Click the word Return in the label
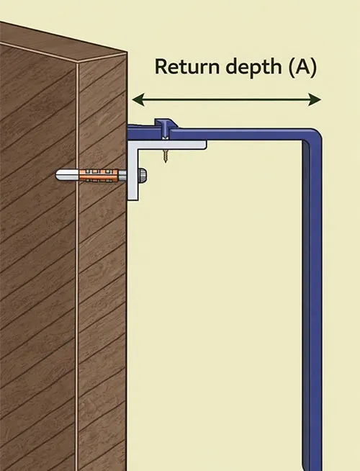click(184, 68)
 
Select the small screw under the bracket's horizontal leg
click(166, 156)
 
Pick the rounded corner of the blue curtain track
click(311, 137)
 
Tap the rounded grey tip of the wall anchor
click(59, 175)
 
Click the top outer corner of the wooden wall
click(127, 53)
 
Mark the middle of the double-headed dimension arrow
click(225, 99)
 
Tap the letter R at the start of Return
click(160, 68)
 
